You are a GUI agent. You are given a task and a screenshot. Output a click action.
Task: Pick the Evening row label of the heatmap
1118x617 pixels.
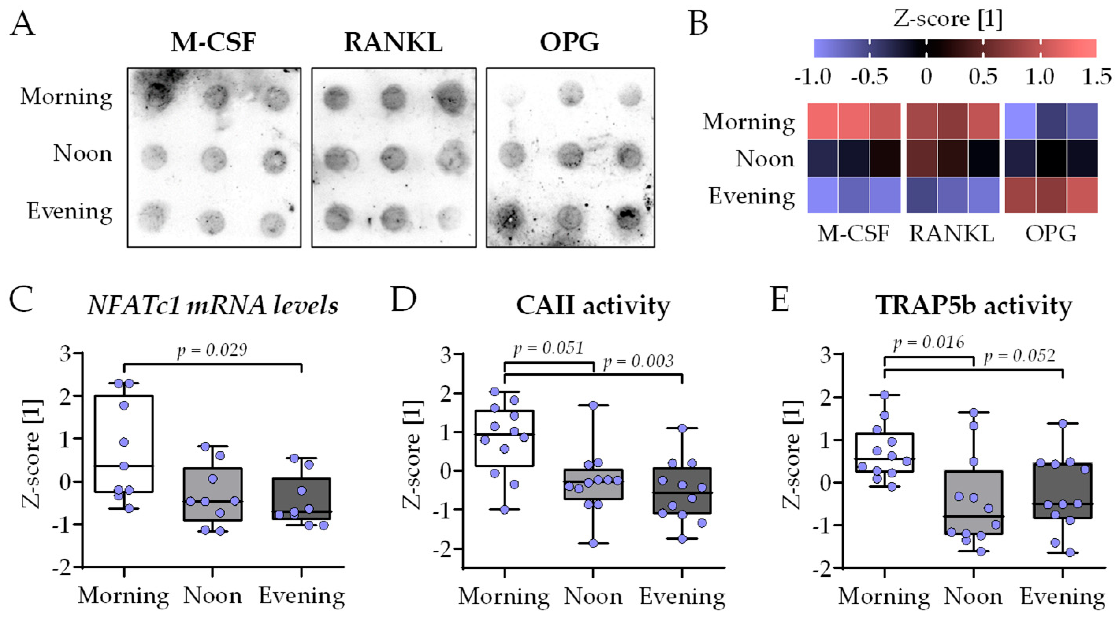click(x=752, y=196)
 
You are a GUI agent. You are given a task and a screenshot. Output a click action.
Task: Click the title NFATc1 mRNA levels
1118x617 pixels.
click(x=213, y=306)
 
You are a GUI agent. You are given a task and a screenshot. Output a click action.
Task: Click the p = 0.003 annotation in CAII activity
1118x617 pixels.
click(x=638, y=361)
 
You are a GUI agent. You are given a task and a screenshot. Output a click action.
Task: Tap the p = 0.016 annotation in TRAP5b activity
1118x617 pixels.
click(x=928, y=343)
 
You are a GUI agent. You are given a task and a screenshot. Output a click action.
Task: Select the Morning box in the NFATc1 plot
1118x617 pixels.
click(x=124, y=443)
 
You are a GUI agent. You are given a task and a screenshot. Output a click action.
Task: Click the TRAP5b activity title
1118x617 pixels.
click(x=973, y=306)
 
